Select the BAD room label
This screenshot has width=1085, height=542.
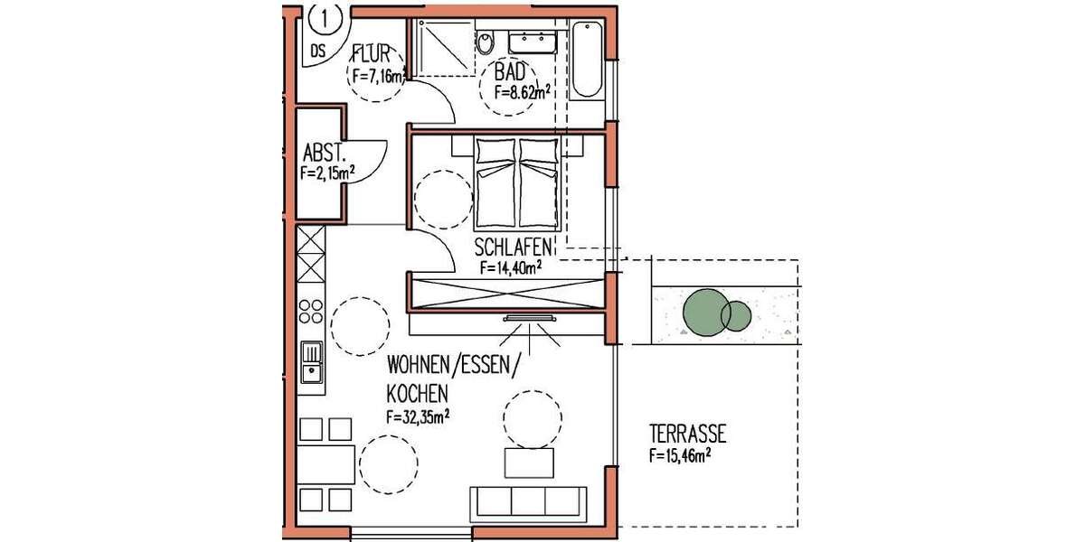coord(512,72)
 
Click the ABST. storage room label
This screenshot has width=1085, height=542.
coord(323,152)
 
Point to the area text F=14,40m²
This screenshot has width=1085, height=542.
coord(511,266)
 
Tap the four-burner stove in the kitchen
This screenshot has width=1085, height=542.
coord(311,311)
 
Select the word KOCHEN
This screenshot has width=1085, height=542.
coord(417,395)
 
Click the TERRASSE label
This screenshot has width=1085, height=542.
coord(688,435)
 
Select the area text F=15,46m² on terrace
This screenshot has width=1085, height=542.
coord(679,457)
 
